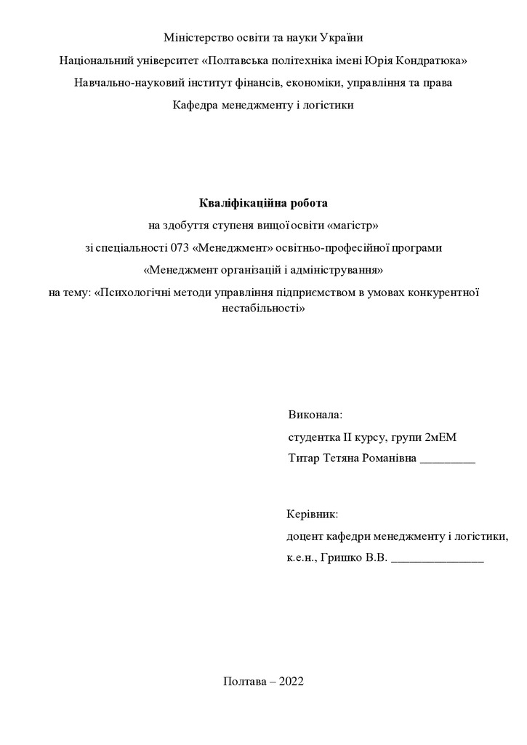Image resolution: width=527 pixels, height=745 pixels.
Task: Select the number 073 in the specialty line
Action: pyautogui.click(x=180, y=247)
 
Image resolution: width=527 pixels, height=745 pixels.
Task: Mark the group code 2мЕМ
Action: pyautogui.click(x=442, y=437)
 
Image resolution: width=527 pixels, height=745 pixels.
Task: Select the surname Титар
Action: pyautogui.click(x=303, y=460)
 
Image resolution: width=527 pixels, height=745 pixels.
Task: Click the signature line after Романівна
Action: pyautogui.click(x=448, y=461)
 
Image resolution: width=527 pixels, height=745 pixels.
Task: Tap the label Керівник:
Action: pyautogui.click(x=313, y=514)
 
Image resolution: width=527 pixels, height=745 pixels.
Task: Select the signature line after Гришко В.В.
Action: pyautogui.click(x=437, y=560)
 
